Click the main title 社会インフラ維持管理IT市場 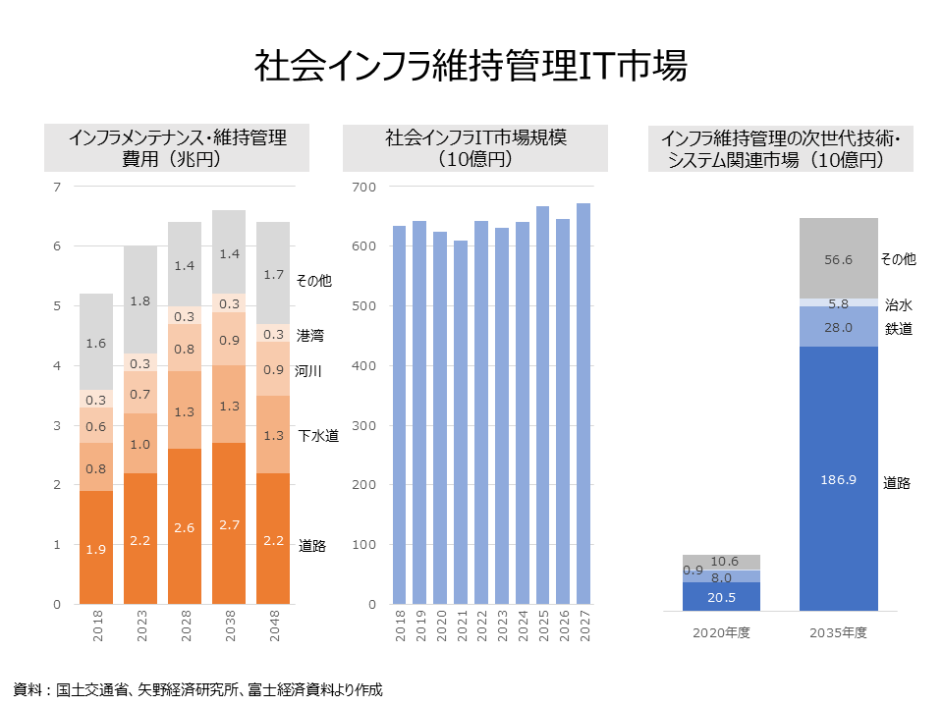(471, 66)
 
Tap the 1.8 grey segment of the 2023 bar (140, 299)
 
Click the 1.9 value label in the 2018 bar (96, 549)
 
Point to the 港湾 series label (310, 336)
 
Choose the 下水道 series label (318, 435)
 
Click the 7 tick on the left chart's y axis (57, 187)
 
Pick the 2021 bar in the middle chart (460, 422)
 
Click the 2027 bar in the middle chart (583, 404)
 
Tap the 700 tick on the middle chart (362, 187)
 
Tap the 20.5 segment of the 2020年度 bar (721, 596)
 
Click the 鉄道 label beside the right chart (898, 329)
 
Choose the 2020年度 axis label (722, 633)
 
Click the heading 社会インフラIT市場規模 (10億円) (475, 147)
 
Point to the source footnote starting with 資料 (197, 689)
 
